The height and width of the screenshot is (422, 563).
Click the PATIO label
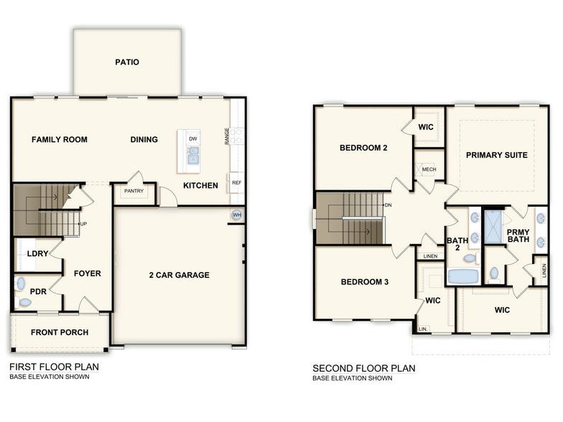[127, 62]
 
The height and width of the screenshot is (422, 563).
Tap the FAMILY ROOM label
[60, 139]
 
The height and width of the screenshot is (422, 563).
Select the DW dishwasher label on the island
[192, 138]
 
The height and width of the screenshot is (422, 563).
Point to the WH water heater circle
[237, 215]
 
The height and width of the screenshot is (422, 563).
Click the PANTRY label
[134, 192]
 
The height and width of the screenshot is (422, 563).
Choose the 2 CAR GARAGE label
[180, 275]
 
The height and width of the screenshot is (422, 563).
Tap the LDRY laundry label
[37, 254]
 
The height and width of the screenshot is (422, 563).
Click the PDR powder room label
[38, 291]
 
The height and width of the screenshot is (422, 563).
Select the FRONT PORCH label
[60, 332]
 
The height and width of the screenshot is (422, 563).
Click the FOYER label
[87, 273]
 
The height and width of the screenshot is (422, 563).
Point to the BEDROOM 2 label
[363, 149]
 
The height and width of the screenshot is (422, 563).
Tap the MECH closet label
[429, 169]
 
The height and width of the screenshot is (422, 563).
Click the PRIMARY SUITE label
[496, 155]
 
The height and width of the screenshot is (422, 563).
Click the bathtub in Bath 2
[463, 276]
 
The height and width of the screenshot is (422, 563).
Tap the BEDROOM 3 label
[364, 282]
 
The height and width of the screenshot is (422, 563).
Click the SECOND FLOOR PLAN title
[363, 369]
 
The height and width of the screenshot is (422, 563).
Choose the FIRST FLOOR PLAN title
[54, 367]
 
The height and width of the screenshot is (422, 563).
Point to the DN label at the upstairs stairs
[388, 206]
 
